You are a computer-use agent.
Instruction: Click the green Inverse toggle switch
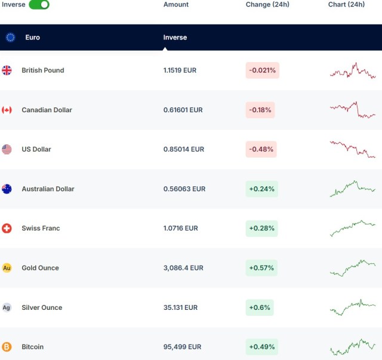pyautogui.click(x=39, y=5)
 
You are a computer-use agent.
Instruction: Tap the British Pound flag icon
pyautogui.click(x=7, y=70)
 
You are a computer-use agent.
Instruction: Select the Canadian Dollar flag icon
pyautogui.click(x=7, y=110)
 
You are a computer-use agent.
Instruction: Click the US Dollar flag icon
pyautogui.click(x=7, y=149)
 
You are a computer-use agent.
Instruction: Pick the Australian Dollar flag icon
pyautogui.click(x=7, y=189)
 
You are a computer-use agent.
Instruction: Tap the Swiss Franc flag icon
pyautogui.click(x=7, y=228)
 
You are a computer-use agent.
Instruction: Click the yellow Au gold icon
pyautogui.click(x=7, y=268)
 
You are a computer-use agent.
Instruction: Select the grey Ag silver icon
pyautogui.click(x=7, y=307)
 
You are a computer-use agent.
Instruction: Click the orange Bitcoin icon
pyautogui.click(x=7, y=347)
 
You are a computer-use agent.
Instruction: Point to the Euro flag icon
pyautogui.click(x=11, y=37)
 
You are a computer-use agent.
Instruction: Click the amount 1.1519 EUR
pyautogui.click(x=180, y=70)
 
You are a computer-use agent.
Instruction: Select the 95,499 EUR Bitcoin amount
pyautogui.click(x=182, y=347)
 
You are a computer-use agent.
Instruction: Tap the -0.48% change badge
pyautogui.click(x=261, y=149)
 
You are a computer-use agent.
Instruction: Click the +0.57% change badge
pyautogui.click(x=261, y=268)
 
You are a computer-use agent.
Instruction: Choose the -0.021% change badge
pyautogui.click(x=263, y=70)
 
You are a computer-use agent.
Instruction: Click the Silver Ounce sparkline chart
pyautogui.click(x=353, y=307)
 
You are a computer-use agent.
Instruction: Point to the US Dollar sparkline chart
pyautogui.click(x=353, y=149)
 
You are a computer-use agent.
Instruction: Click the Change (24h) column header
pyautogui.click(x=267, y=5)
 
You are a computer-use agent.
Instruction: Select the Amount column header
pyautogui.click(x=176, y=5)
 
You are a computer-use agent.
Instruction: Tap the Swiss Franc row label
pyautogui.click(x=41, y=228)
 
